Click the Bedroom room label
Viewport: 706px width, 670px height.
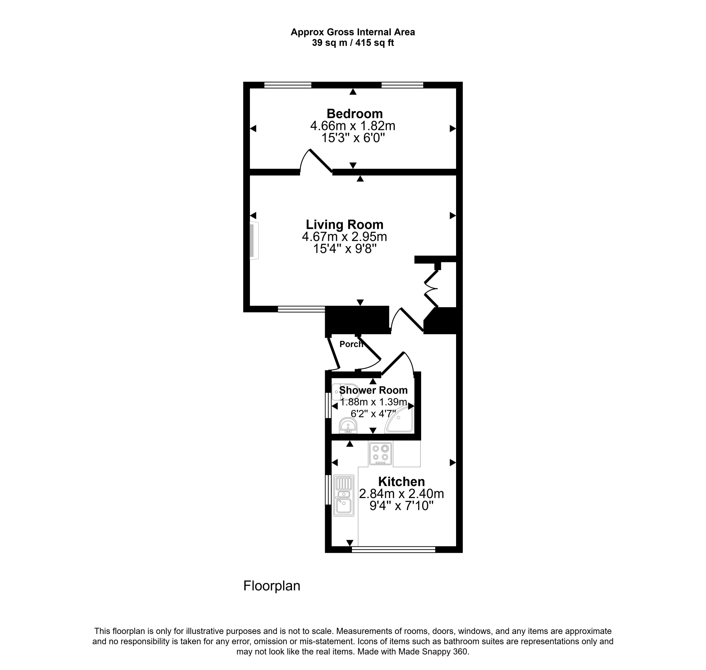pyautogui.click(x=355, y=114)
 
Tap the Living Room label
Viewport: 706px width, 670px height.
pyautogui.click(x=345, y=224)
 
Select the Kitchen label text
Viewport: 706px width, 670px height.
pyautogui.click(x=401, y=481)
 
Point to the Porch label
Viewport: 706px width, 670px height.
pyautogui.click(x=351, y=344)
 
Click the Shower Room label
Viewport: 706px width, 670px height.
pyautogui.click(x=373, y=390)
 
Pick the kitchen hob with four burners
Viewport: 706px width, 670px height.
pyautogui.click(x=380, y=454)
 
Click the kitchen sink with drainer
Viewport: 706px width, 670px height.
pyautogui.click(x=343, y=495)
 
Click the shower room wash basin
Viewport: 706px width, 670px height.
pyautogui.click(x=348, y=425)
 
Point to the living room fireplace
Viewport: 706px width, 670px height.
pyautogui.click(x=254, y=241)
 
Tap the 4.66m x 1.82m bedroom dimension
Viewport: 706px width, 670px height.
pyautogui.click(x=352, y=126)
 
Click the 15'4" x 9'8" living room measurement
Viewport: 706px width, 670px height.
pyautogui.click(x=345, y=249)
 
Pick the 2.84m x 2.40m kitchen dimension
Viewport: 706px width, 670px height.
pyautogui.click(x=401, y=493)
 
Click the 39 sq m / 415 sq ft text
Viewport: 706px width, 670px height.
pyautogui.click(x=353, y=43)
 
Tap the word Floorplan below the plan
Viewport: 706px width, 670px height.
pyautogui.click(x=272, y=586)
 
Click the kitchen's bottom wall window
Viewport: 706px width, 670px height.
pyautogui.click(x=394, y=549)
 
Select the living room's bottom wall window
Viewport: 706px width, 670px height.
pyautogui.click(x=301, y=309)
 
